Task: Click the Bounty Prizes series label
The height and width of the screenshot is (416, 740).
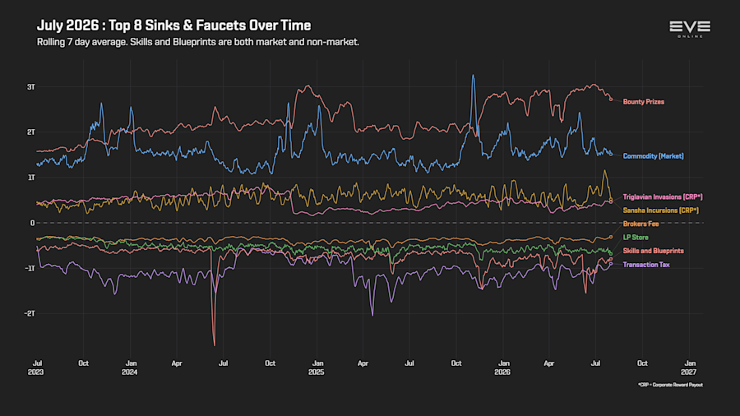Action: [643, 102]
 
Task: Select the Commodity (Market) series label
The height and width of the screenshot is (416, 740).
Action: [653, 156]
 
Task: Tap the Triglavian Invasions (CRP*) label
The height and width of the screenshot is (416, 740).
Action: [663, 197]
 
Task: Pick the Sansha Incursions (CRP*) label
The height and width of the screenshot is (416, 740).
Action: [661, 210]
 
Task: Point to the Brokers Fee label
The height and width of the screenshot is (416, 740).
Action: [641, 224]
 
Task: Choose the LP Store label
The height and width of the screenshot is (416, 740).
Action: [636, 238]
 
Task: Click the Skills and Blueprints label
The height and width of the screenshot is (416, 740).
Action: [653, 251]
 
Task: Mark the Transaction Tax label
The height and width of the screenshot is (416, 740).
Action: [646, 265]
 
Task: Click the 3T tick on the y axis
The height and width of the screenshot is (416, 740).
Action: [31, 87]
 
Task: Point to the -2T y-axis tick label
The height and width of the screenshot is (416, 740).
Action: [30, 314]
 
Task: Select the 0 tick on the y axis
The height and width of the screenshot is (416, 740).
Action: [33, 223]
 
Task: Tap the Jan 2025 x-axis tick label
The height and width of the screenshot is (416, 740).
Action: [317, 367]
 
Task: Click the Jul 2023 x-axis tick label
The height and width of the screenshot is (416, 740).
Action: [36, 367]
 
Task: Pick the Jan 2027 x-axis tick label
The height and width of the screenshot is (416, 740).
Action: [689, 367]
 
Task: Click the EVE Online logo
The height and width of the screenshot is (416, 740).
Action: [690, 29]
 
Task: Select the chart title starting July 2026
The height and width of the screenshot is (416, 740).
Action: [174, 25]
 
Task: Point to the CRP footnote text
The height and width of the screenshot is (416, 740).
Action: [670, 385]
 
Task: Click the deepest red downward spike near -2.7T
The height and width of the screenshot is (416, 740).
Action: [215, 344]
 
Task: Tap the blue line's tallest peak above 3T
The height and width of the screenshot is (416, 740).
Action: [473, 76]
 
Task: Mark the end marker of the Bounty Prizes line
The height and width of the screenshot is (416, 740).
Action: [611, 99]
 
